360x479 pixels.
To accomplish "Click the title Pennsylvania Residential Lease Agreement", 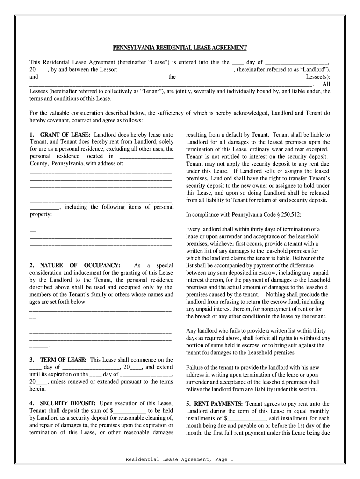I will click(x=180, y=48).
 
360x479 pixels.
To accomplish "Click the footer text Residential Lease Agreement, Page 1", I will click(x=180, y=460).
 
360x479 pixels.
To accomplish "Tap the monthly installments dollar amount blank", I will click(x=246, y=419).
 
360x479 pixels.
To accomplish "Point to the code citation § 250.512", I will click(x=285, y=215).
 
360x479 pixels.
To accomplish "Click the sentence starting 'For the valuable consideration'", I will click(x=180, y=116).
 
